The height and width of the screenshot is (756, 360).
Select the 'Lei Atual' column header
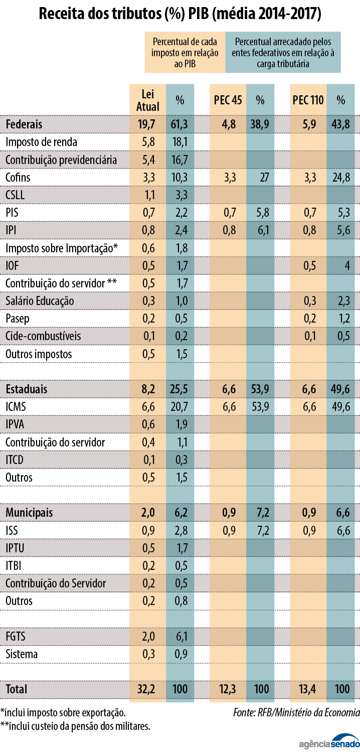point(148,100)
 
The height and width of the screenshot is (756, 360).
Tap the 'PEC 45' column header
point(228,100)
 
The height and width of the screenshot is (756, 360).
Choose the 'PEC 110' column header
point(308,100)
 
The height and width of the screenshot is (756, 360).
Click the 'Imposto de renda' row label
point(42,142)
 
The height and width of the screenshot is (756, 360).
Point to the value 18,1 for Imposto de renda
point(179,142)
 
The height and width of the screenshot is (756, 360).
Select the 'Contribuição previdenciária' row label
point(61,160)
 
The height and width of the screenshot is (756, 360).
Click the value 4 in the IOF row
point(346,265)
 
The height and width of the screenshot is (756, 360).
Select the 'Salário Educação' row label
point(40,301)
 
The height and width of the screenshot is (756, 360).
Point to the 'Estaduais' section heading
point(27,389)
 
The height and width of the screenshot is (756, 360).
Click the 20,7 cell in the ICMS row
point(179,407)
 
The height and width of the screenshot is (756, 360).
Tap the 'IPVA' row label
point(15,424)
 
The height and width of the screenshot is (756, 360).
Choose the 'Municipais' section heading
point(30,513)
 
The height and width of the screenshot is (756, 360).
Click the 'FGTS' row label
point(16,637)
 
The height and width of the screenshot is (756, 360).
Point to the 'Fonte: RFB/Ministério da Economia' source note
point(296,712)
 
